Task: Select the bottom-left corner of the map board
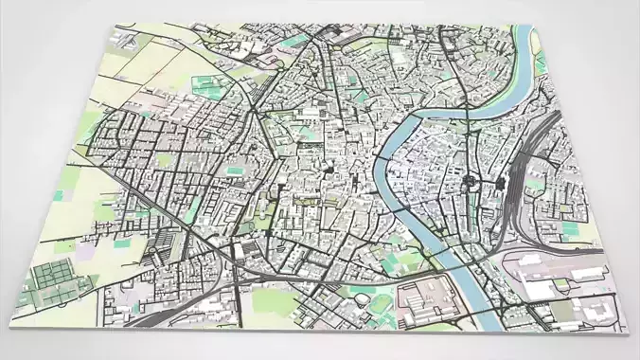click(x=11, y=325)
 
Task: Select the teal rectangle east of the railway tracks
click(x=571, y=228)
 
